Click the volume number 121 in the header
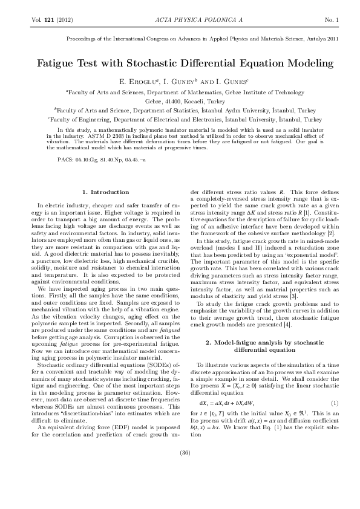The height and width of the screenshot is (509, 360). [45, 21]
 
